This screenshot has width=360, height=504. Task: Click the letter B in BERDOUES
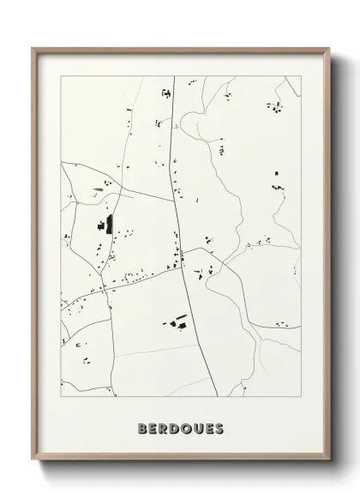[141, 428]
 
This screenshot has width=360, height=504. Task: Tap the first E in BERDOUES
[152, 428]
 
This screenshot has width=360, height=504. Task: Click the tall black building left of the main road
[109, 225]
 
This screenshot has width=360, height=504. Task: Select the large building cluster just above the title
[177, 321]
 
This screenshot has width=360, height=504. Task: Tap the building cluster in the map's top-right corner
[275, 107]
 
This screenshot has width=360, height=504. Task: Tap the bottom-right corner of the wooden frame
[331, 462]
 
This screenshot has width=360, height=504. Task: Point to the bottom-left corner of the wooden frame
[33, 462]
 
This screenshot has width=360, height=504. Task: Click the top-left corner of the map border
[61, 76]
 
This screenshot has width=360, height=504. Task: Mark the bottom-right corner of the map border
[302, 396]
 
